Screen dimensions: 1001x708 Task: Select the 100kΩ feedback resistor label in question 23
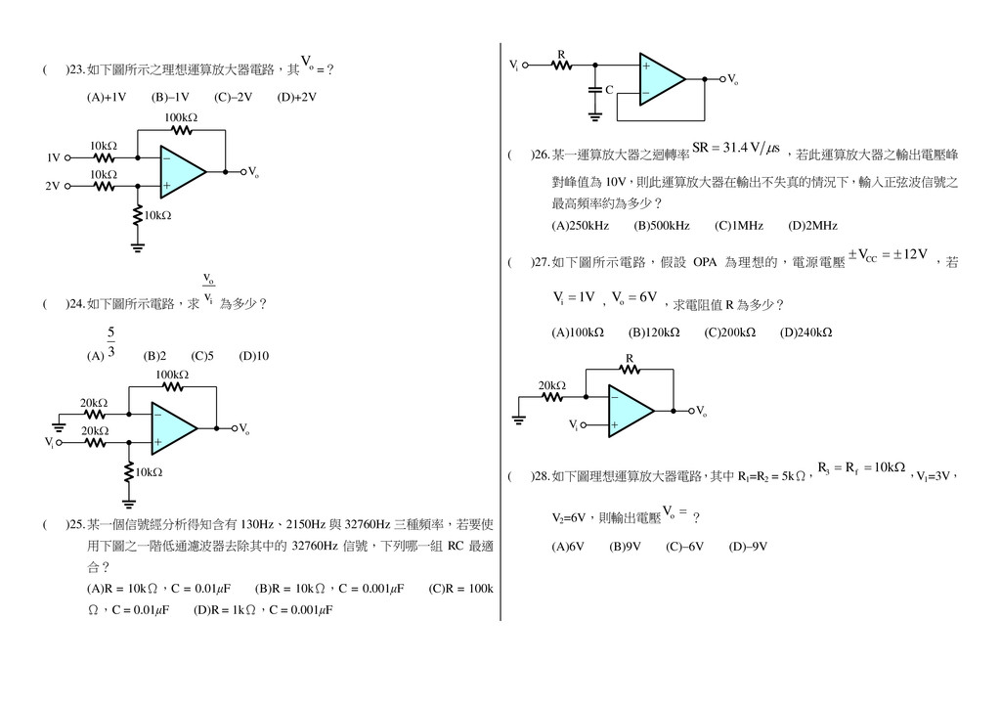click(x=181, y=118)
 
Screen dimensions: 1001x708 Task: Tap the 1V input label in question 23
click(x=54, y=157)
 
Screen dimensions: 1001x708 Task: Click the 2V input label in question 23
click(x=53, y=185)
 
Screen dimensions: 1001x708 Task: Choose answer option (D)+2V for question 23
click(x=297, y=98)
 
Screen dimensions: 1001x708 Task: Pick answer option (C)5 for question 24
click(x=202, y=356)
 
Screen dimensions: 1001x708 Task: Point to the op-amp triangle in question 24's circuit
click(x=174, y=428)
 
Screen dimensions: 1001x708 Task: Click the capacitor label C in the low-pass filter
click(x=609, y=90)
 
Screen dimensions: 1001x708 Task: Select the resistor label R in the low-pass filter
click(x=561, y=55)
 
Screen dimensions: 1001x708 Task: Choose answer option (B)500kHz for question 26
click(x=662, y=226)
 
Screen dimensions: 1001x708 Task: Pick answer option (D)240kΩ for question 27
click(x=805, y=332)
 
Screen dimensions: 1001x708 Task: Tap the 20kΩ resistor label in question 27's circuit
click(x=552, y=385)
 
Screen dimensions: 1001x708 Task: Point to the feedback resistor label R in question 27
click(x=630, y=359)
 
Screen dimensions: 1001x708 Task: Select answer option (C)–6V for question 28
click(x=684, y=547)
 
